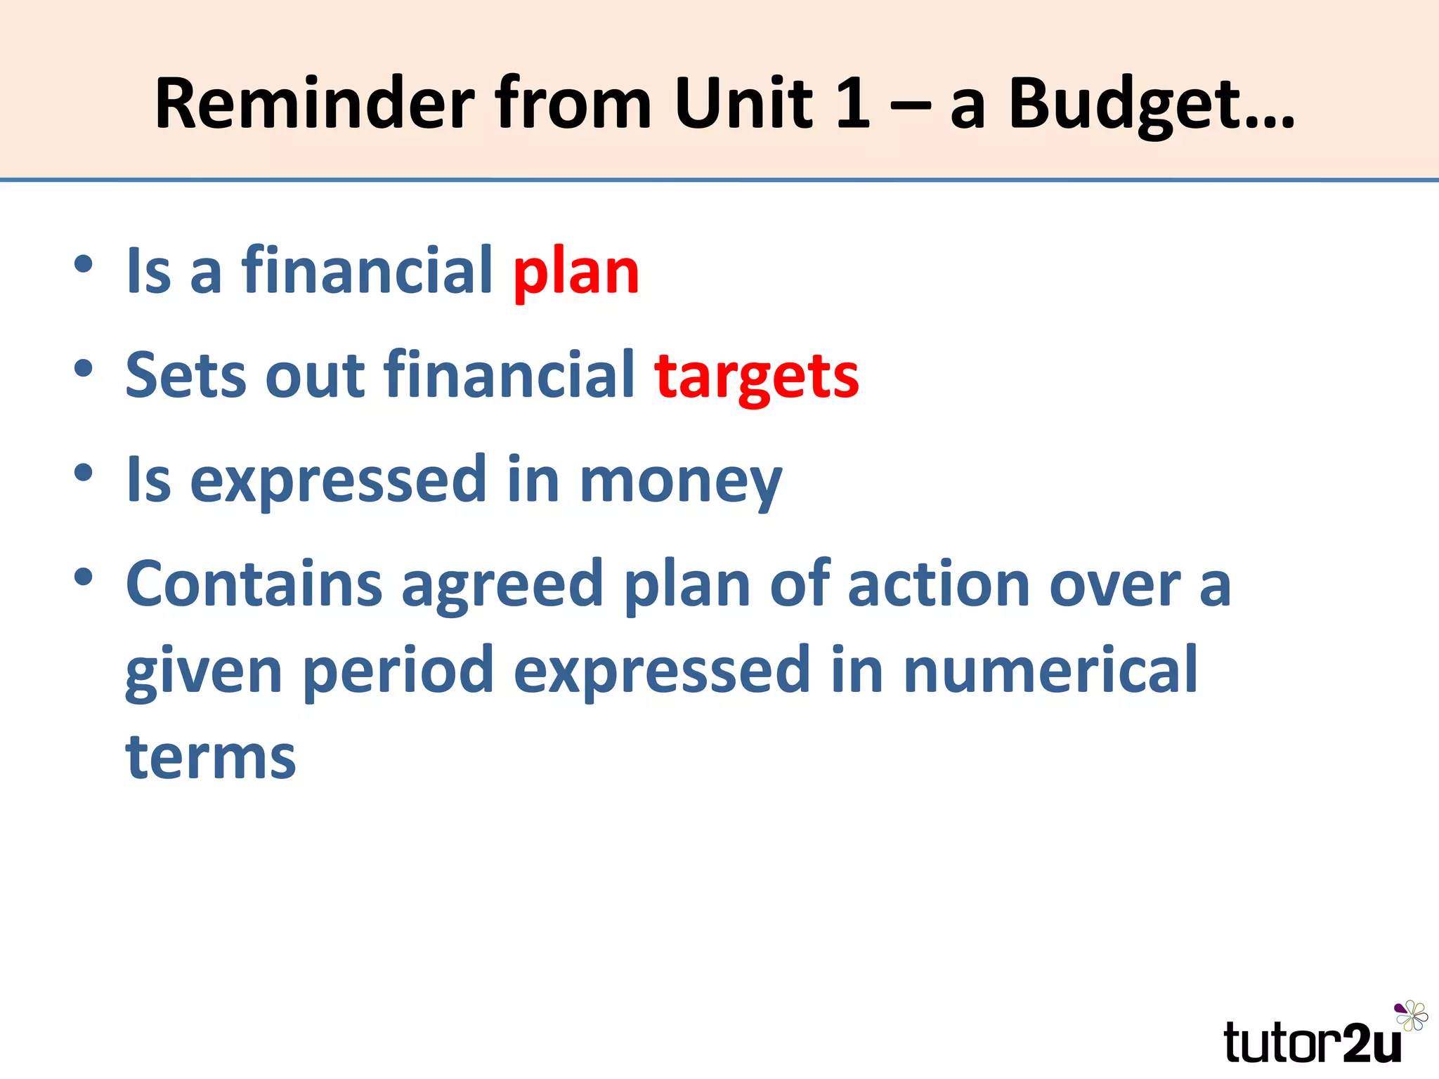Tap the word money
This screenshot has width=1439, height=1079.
[680, 481]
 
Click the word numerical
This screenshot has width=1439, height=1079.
[1050, 671]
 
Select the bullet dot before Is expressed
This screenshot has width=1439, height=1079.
[84, 473]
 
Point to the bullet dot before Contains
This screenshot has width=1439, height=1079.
[84, 577]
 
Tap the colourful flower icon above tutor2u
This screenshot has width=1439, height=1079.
[1411, 1016]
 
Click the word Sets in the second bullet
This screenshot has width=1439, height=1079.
[185, 376]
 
